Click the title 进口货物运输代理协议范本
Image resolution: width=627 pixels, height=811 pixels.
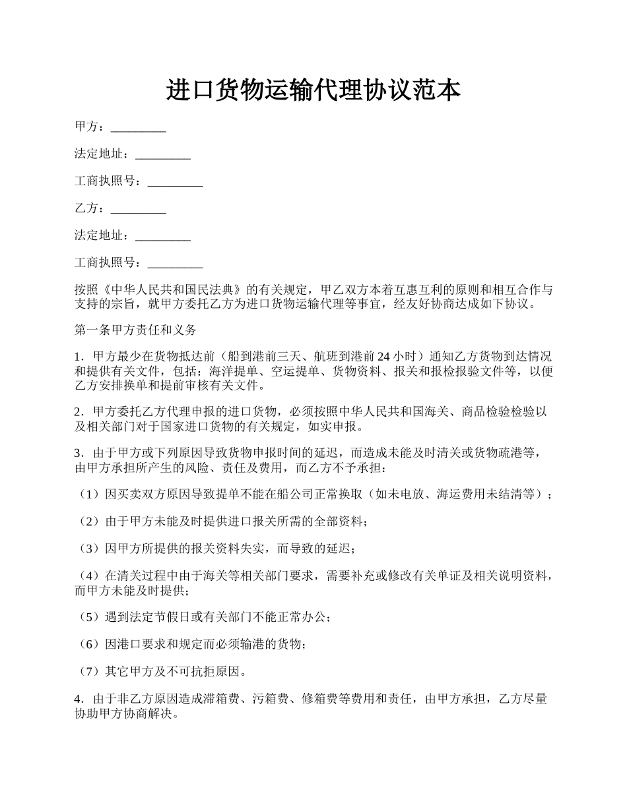point(313,90)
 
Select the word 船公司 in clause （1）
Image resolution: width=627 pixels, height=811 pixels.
point(289,494)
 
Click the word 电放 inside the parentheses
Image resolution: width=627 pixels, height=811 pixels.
point(415,494)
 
